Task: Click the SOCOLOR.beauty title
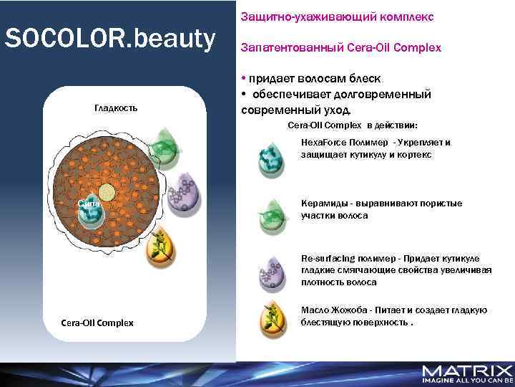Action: click(x=110, y=40)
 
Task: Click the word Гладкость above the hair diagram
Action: click(x=116, y=107)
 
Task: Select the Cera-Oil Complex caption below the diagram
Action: click(x=97, y=322)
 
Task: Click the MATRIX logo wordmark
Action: click(x=467, y=371)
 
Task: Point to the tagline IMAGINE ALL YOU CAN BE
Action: click(x=467, y=381)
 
